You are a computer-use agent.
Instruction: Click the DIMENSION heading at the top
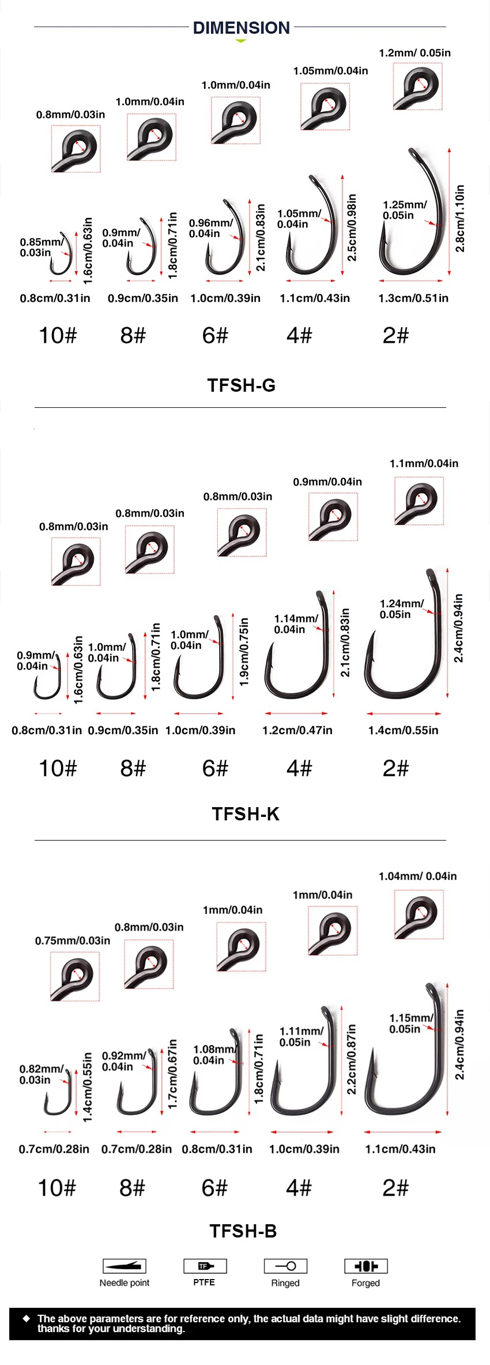(241, 28)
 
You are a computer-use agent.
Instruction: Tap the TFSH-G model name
(242, 385)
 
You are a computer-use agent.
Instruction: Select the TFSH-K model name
(246, 813)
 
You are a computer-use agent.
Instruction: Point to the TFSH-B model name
(243, 1231)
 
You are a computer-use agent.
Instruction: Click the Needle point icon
(125, 1266)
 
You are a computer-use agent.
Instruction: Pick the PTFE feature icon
(205, 1266)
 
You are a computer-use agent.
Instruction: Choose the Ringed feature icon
(285, 1266)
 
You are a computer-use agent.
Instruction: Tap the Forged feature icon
(365, 1266)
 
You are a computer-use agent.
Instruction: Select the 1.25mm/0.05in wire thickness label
(405, 210)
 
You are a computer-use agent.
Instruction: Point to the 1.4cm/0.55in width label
(403, 730)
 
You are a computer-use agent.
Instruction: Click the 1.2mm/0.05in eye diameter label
(414, 53)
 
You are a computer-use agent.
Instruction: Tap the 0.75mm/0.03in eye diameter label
(73, 940)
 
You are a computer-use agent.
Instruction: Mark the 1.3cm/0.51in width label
(413, 298)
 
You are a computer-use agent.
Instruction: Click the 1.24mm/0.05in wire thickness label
(401, 609)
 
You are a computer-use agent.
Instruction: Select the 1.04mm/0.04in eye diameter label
(417, 876)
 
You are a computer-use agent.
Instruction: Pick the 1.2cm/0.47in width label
(297, 730)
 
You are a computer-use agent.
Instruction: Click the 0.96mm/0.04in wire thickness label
(211, 228)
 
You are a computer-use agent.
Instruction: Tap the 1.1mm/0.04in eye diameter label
(424, 463)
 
